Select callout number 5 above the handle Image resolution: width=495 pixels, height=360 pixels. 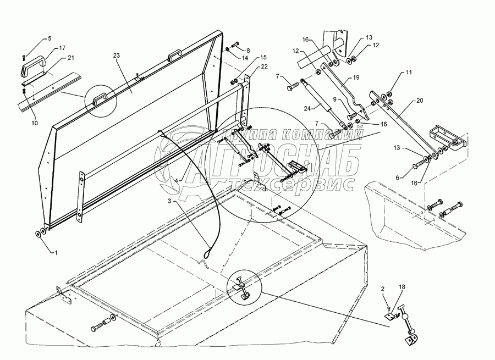[49, 38]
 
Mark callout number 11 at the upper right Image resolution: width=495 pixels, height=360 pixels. [409, 72]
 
